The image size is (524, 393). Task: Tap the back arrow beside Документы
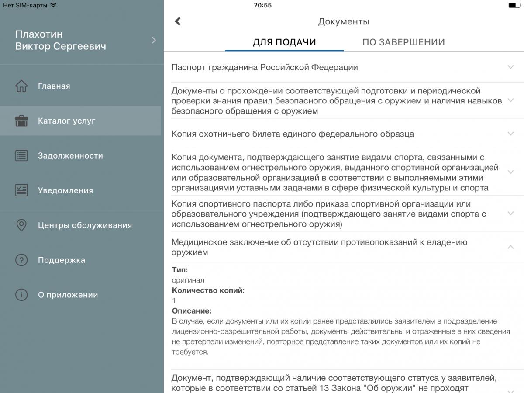(x=178, y=21)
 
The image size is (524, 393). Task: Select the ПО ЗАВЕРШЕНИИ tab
(x=403, y=42)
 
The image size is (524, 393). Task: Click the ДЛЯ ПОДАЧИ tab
(x=284, y=42)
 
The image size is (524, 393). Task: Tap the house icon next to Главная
(x=21, y=86)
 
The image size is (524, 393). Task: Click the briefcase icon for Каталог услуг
(x=21, y=121)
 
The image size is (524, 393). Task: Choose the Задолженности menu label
(x=70, y=156)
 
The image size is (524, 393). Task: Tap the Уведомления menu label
(x=65, y=190)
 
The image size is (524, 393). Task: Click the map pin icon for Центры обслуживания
(x=21, y=225)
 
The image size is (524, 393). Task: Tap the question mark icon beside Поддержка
(x=21, y=260)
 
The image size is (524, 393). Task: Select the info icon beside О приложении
(x=21, y=295)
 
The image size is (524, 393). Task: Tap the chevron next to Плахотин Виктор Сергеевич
(x=154, y=40)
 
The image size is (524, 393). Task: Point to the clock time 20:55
(x=262, y=5)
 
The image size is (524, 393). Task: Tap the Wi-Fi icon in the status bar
(x=53, y=5)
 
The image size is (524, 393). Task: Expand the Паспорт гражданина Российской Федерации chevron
(x=510, y=67)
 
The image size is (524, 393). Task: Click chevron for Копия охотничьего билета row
(x=510, y=134)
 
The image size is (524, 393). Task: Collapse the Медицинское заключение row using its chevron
(x=510, y=247)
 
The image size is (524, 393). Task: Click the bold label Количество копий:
(x=208, y=290)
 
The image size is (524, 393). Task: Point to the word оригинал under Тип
(x=188, y=280)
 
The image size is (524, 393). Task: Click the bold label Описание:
(x=192, y=311)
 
